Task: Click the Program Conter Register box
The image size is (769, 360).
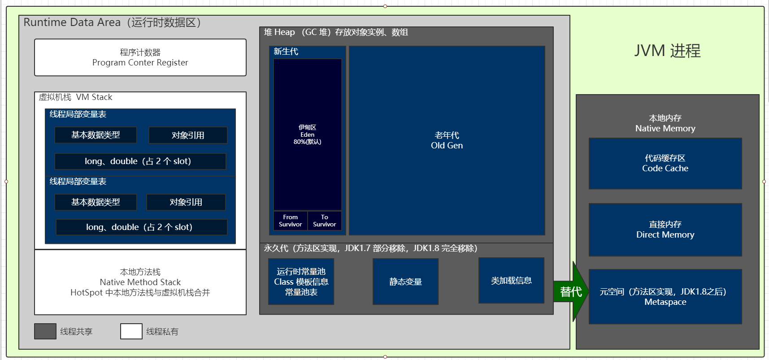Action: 140,57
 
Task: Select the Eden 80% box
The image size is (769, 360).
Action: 308,134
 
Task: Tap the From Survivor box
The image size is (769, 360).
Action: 291,221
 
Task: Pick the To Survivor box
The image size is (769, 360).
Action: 325,221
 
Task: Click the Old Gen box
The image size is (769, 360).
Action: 447,140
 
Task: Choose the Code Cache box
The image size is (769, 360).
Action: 665,164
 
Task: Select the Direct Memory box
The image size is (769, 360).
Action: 665,230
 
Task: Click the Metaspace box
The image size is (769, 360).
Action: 665,297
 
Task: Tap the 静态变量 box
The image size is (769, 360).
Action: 406,282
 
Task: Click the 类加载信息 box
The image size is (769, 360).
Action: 512,281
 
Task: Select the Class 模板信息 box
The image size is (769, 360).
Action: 301,282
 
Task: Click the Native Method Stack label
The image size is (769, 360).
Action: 140,282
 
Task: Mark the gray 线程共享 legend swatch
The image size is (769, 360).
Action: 45,331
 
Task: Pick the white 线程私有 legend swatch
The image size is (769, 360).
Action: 131,331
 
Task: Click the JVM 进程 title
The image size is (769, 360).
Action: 667,51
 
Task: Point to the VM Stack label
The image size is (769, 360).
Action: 76,97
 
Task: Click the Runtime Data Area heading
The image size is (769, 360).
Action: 112,22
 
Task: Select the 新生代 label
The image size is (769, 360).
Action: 286,52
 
